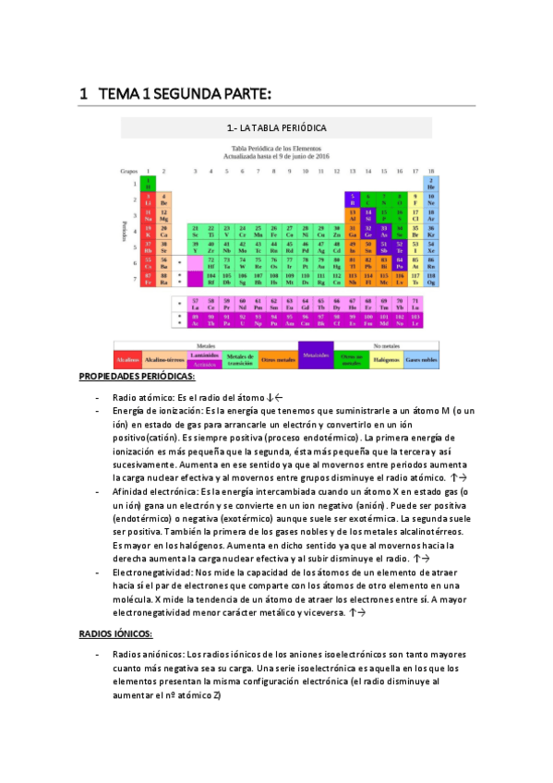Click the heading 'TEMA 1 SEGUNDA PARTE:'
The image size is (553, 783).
click(184, 94)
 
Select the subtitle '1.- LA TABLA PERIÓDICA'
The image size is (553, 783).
click(276, 126)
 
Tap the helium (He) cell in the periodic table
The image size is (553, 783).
click(431, 184)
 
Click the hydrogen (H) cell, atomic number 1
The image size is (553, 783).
click(148, 184)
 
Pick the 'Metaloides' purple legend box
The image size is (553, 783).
click(316, 355)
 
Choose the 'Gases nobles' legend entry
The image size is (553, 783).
click(422, 358)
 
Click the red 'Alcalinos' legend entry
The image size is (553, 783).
click(126, 358)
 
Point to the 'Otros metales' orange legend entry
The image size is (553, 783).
click(279, 358)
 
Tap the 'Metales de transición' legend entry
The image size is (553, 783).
click(240, 358)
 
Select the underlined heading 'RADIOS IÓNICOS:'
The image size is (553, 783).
click(115, 634)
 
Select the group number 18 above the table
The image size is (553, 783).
click(431, 171)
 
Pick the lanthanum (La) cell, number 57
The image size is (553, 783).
click(196, 303)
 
